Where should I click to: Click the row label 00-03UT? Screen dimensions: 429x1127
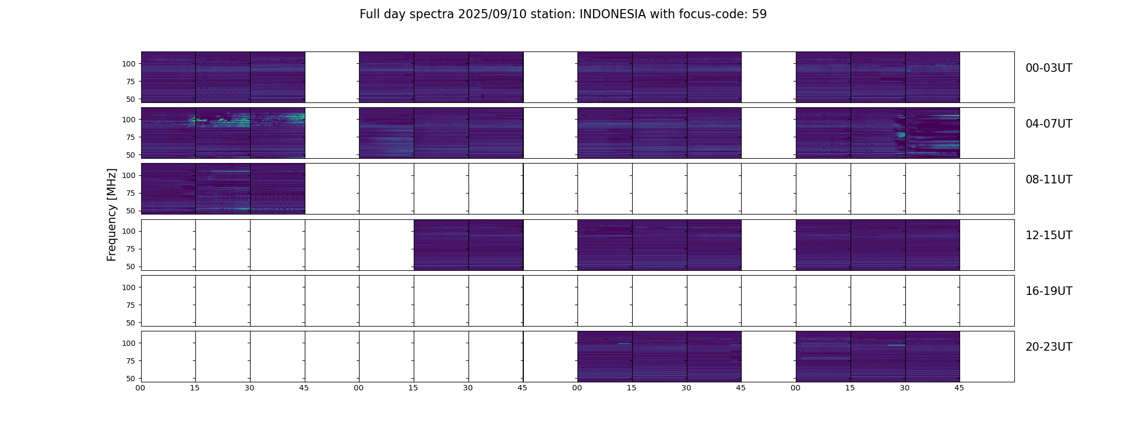coord(1049,68)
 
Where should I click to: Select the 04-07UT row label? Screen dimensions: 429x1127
coord(1049,124)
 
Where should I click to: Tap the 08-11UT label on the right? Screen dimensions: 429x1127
coord(1049,180)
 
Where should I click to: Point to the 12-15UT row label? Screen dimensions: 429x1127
coord(1049,235)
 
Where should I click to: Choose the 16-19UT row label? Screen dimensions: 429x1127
coord(1049,291)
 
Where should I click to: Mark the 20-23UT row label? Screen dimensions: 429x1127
coord(1049,347)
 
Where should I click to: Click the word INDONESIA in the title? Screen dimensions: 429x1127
coord(612,14)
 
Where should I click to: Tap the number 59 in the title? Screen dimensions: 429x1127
coord(759,14)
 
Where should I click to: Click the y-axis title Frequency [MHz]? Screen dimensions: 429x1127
coord(112,214)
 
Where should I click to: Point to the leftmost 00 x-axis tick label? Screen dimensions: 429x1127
coord(141,388)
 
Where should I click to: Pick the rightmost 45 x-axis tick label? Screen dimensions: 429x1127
coord(959,388)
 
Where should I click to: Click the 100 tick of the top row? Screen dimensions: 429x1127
coord(129,64)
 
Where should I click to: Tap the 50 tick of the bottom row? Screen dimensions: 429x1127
coord(130,379)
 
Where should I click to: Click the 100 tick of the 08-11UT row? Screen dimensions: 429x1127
coord(129,175)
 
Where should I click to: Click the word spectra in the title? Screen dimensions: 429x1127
coord(433,14)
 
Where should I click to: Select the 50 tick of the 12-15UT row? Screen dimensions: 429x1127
coord(130,267)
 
